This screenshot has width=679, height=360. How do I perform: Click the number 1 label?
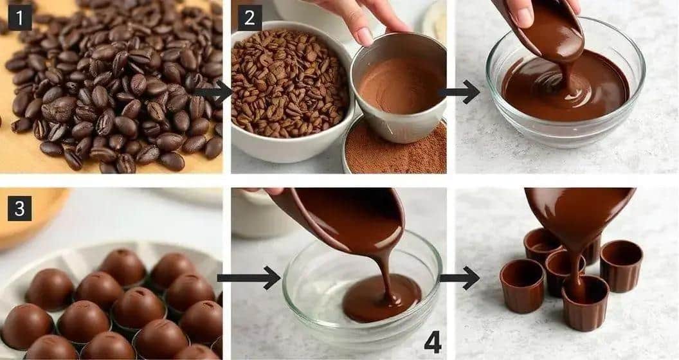tap(19, 19)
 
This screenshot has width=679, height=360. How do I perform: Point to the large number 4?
tap(432, 341)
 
